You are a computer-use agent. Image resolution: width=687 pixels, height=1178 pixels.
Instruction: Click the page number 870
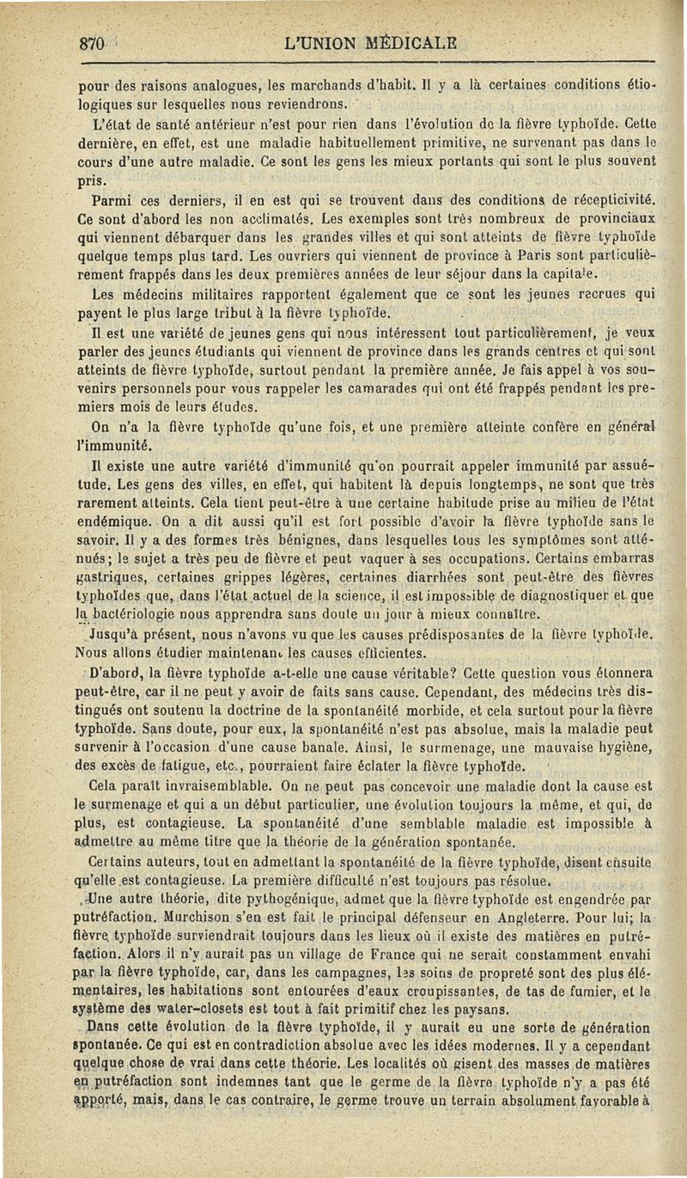pyautogui.click(x=88, y=44)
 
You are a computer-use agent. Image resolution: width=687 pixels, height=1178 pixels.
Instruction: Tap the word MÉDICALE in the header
pyautogui.click(x=398, y=44)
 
